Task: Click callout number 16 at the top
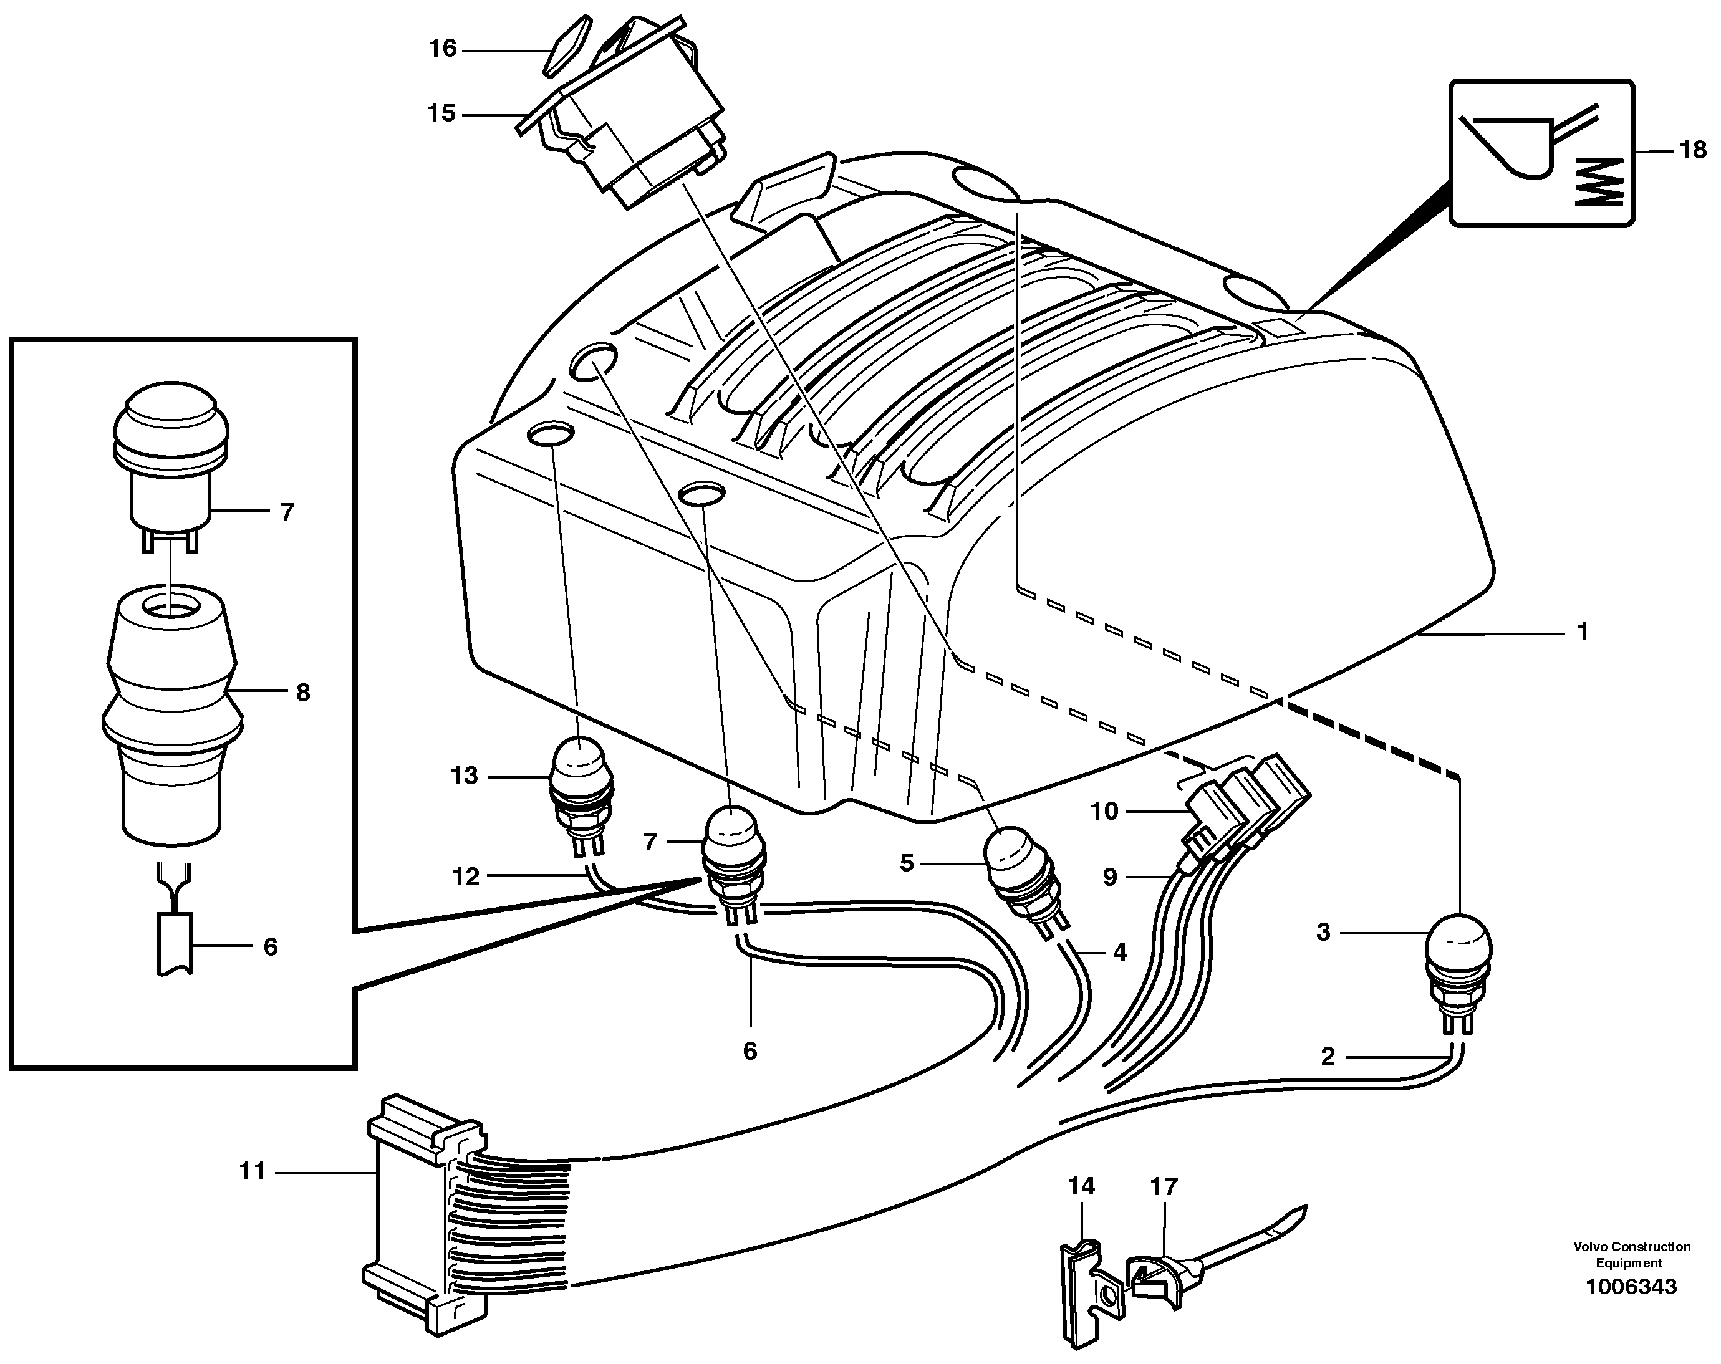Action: click(x=442, y=49)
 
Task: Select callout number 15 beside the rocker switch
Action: click(x=441, y=114)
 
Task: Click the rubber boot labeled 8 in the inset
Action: click(x=171, y=703)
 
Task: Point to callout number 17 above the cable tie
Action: click(x=1164, y=1187)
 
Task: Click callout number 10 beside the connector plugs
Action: click(x=1105, y=812)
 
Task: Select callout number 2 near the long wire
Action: click(x=1328, y=1056)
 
